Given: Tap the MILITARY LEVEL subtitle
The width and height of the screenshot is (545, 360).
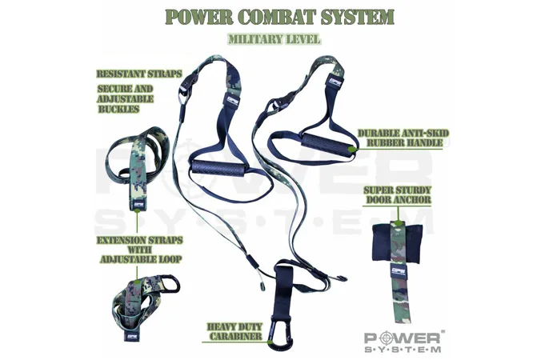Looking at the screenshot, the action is click(274, 39).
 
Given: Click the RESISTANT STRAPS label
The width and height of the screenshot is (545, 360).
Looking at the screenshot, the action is click(139, 74).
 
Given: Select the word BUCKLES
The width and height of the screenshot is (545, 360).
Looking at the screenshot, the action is click(118, 109).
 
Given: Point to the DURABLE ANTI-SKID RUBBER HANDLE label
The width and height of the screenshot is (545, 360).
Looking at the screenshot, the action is click(403, 138).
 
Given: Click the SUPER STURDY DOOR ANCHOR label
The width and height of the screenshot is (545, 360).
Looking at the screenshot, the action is click(398, 195).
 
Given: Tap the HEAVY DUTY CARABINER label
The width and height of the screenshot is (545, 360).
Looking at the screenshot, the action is click(235, 331).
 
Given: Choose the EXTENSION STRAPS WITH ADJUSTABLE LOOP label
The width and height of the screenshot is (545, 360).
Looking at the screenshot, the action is click(140, 250).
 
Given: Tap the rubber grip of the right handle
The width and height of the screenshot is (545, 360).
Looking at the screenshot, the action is click(328, 143).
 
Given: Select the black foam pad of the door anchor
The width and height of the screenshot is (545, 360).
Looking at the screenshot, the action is click(397, 242).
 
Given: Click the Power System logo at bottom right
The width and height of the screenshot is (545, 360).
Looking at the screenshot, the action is click(403, 342).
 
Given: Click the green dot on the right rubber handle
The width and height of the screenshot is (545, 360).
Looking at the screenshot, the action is click(352, 150).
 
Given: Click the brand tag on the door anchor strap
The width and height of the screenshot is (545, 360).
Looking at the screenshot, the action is click(399, 271).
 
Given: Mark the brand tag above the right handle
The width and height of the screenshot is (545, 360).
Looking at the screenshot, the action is click(335, 82).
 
